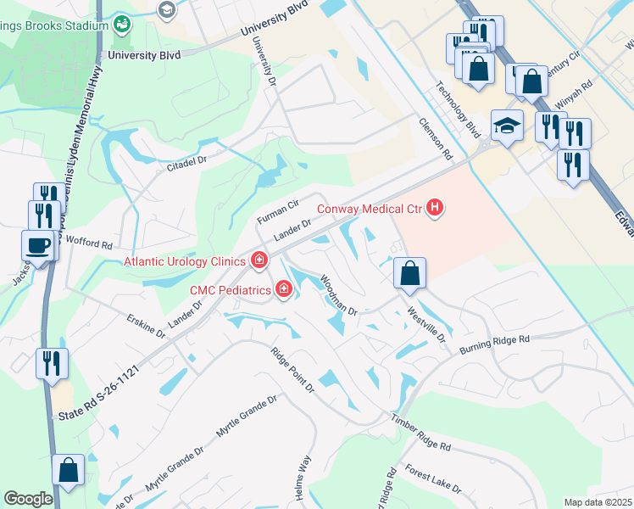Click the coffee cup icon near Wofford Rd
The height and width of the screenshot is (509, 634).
coord(39,245)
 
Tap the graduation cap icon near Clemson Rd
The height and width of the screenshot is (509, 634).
coord(507,126)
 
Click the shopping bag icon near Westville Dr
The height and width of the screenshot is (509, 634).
coord(409,273)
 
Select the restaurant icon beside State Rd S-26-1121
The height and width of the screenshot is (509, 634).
coord(52,364)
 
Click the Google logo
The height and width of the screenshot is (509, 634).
coord(28,499)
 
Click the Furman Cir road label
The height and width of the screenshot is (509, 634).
coord(278,211)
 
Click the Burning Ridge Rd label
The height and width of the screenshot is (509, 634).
coord(494,344)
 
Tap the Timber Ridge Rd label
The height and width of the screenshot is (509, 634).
coord(421,432)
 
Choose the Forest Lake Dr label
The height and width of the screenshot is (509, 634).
coord(432,479)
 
